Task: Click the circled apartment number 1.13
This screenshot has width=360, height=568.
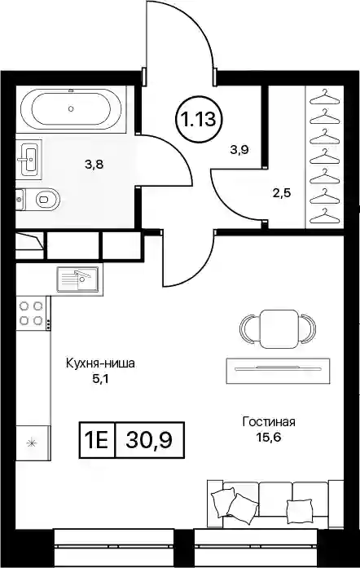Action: click(x=200, y=119)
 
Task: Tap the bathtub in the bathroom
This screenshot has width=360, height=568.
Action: click(x=71, y=108)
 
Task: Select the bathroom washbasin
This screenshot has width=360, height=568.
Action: click(x=29, y=158)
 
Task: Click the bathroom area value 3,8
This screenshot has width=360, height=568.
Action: click(x=94, y=165)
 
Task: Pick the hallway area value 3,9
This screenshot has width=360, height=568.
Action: click(x=239, y=149)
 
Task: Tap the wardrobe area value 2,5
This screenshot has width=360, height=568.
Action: click(x=282, y=192)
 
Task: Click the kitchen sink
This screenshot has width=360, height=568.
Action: click(x=77, y=280)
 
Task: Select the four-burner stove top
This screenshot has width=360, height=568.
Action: click(x=33, y=314)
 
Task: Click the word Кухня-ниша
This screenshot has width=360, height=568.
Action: click(x=100, y=363)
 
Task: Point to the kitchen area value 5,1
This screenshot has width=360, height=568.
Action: click(x=100, y=379)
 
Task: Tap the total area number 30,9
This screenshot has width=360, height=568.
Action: click(x=149, y=440)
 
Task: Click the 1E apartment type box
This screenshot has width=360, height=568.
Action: click(x=97, y=440)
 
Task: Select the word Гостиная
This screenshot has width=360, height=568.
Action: click(x=269, y=421)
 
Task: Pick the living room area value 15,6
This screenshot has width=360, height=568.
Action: click(x=268, y=438)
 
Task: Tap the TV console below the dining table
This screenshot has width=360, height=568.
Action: click(x=278, y=371)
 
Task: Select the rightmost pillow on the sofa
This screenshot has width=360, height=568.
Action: click(x=299, y=512)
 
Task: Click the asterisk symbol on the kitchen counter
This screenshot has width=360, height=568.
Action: click(x=32, y=443)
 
